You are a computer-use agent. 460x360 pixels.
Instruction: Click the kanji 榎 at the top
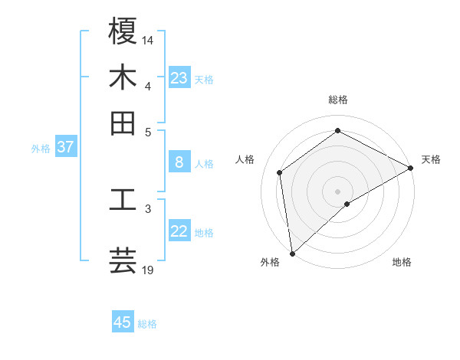coord(123,31)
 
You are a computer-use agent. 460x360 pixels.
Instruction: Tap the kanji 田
coord(123,123)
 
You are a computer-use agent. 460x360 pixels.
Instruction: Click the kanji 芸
coord(123,260)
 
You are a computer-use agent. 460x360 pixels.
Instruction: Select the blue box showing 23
coord(179,78)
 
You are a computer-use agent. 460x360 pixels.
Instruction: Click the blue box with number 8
coord(179,162)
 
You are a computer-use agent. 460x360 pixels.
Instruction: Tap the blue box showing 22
coord(179,231)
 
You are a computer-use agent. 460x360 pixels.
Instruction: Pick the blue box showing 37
coord(66,147)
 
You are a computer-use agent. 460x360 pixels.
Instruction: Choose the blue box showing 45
coord(123,322)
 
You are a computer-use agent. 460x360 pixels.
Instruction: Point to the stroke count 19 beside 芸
coord(148,270)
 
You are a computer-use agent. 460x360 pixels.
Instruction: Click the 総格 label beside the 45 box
coord(147,324)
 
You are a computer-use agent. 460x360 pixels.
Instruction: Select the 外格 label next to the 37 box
coord(41,149)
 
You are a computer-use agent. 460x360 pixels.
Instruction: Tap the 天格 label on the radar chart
coord(431,159)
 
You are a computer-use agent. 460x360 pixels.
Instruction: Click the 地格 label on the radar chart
coord(402,262)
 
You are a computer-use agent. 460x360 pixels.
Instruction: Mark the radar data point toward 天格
coord(411,169)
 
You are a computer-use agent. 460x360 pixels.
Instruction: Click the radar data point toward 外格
coord(292,254)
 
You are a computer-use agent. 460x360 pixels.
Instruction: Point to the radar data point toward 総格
coord(338,130)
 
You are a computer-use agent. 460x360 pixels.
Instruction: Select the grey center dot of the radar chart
coord(338,191)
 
